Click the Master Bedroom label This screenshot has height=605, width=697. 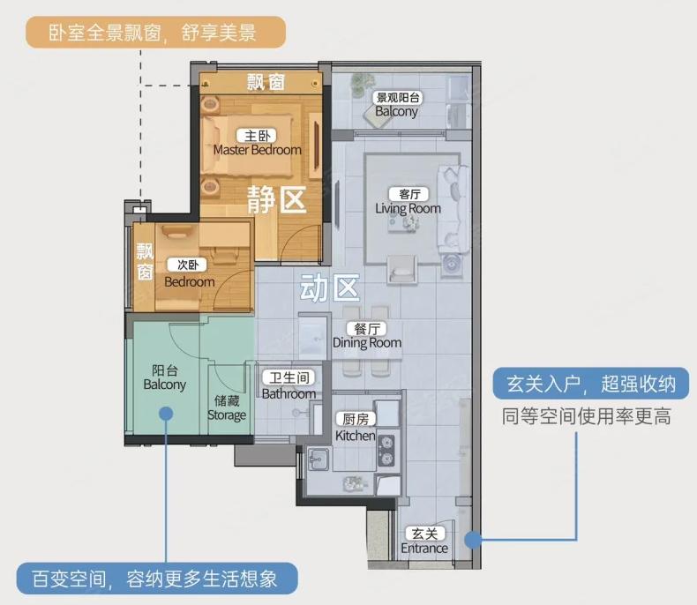(258, 143)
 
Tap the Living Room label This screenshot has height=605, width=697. (408, 201)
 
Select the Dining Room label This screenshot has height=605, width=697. (367, 335)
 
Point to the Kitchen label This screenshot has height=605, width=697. (356, 428)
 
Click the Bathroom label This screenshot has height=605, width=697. (289, 385)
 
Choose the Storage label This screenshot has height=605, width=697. (227, 407)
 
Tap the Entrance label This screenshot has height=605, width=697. (424, 541)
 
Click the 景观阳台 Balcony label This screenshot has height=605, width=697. (397, 104)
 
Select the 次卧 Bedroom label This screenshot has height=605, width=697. (189, 273)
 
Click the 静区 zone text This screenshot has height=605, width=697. (276, 199)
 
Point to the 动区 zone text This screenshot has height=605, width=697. (329, 288)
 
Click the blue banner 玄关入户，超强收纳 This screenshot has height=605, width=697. (591, 384)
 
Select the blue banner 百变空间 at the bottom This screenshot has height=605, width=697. (157, 579)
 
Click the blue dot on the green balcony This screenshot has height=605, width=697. (166, 414)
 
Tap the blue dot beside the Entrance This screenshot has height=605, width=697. (473, 540)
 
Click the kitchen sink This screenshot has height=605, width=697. (319, 459)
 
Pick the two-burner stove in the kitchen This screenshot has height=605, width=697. (386, 450)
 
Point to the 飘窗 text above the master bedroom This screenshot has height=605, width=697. (266, 83)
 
